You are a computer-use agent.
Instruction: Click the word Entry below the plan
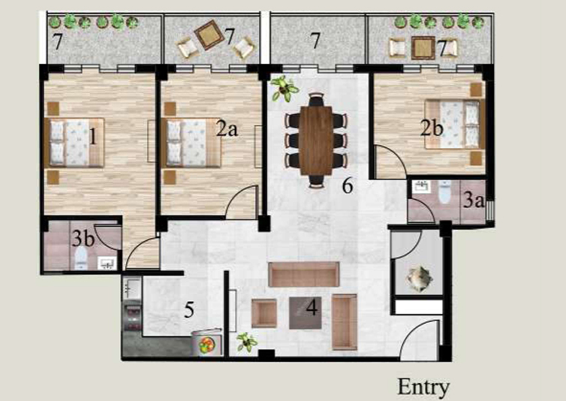[423, 387]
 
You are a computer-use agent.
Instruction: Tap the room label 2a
[227, 128]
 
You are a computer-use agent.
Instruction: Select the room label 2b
[432, 128]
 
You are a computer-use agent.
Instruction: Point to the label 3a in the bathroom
[473, 200]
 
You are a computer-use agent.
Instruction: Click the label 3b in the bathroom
[83, 239]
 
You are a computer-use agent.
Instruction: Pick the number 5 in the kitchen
[189, 310]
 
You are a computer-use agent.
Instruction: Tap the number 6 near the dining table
[348, 185]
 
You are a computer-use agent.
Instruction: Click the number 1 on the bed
[93, 137]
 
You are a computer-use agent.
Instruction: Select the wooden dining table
[316, 140]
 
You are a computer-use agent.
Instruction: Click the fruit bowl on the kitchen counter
[206, 345]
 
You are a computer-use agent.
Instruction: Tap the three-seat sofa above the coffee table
[304, 275]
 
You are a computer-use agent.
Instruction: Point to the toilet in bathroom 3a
[444, 191]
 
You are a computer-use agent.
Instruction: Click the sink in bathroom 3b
[107, 264]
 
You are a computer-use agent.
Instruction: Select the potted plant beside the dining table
[285, 89]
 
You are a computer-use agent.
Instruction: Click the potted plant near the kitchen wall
[247, 342]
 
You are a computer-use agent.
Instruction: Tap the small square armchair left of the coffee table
[264, 314]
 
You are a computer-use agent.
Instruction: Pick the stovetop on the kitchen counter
[133, 318]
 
